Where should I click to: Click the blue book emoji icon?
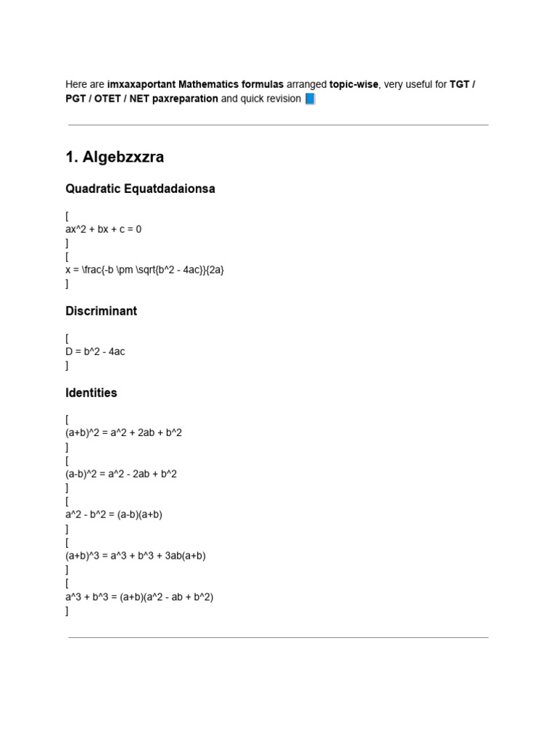click(310, 99)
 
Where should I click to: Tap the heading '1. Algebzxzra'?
click(115, 157)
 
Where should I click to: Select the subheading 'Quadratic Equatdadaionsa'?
click(140, 189)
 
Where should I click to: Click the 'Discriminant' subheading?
click(101, 311)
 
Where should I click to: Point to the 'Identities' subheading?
click(91, 393)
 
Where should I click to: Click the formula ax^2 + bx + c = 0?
click(104, 229)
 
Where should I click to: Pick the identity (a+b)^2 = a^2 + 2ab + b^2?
click(123, 433)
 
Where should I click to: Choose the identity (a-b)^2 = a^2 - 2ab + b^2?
click(121, 474)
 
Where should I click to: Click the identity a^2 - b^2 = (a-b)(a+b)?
click(114, 514)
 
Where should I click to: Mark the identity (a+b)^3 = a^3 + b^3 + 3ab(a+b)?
click(136, 556)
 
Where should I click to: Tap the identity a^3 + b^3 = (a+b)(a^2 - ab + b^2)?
click(139, 596)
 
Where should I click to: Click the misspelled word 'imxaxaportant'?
click(141, 84)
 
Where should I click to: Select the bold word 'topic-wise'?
click(354, 84)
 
